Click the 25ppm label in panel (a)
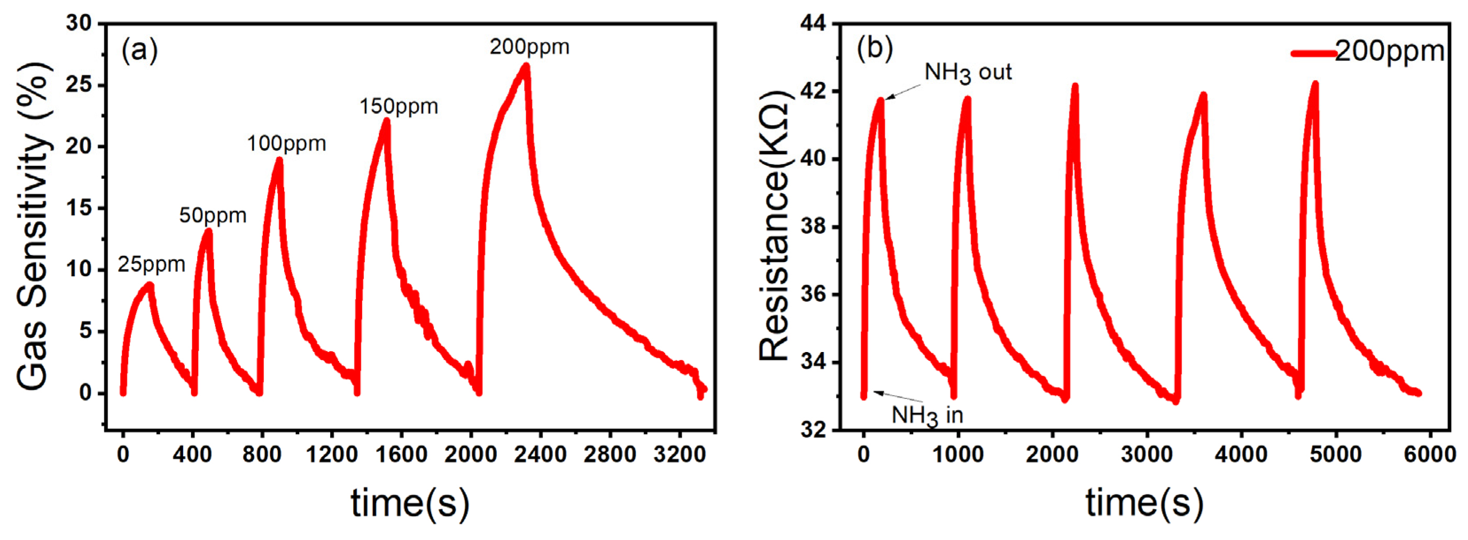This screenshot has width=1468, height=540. pos(152,265)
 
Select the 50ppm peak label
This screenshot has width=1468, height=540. pos(213,215)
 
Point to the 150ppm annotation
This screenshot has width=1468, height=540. pos(398,107)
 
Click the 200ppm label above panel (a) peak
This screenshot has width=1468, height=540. pos(529,47)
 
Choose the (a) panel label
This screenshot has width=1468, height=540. pos(139,50)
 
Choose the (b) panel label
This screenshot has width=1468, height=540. pos(874,49)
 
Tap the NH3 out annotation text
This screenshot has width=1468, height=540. pos(968,72)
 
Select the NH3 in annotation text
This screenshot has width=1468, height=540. pos(927,415)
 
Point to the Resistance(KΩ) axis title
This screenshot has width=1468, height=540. pos(774,226)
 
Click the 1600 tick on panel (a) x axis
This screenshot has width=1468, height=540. pos(401,454)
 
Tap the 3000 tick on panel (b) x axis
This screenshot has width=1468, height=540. pos(1147,454)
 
